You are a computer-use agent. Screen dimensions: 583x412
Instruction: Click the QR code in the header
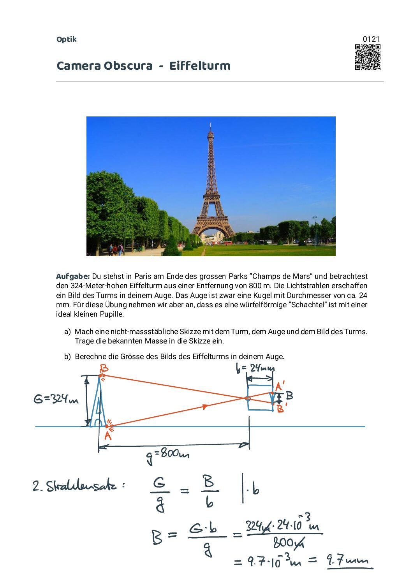pyautogui.click(x=367, y=57)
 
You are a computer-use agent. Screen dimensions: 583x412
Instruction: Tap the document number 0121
pyautogui.click(x=371, y=39)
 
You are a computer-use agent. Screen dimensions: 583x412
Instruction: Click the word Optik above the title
pyautogui.click(x=67, y=39)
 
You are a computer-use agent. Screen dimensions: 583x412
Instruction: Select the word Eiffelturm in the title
pyautogui.click(x=200, y=66)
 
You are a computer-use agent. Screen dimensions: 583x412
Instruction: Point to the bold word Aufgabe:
pyautogui.click(x=73, y=277)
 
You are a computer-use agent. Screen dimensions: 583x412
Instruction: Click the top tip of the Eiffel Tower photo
pyautogui.click(x=210, y=124)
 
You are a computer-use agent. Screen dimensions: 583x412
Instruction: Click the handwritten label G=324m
pyautogui.click(x=56, y=399)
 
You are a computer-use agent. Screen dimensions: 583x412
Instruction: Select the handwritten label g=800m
pyautogui.click(x=168, y=455)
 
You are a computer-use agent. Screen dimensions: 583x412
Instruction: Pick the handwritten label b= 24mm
pyautogui.click(x=255, y=368)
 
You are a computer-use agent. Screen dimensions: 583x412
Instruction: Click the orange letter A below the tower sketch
pyautogui.click(x=108, y=436)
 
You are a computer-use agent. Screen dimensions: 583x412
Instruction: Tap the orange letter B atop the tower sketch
pyautogui.click(x=104, y=368)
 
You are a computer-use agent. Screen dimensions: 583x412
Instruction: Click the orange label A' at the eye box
pyautogui.click(x=280, y=386)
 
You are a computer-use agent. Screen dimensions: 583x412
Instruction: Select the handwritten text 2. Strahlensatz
pyautogui.click(x=78, y=486)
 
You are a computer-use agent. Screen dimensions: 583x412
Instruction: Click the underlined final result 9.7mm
pyautogui.click(x=348, y=560)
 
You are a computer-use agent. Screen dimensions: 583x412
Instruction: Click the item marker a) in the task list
pyautogui.click(x=67, y=332)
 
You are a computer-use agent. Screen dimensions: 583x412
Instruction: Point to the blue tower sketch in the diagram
pyautogui.click(x=97, y=405)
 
